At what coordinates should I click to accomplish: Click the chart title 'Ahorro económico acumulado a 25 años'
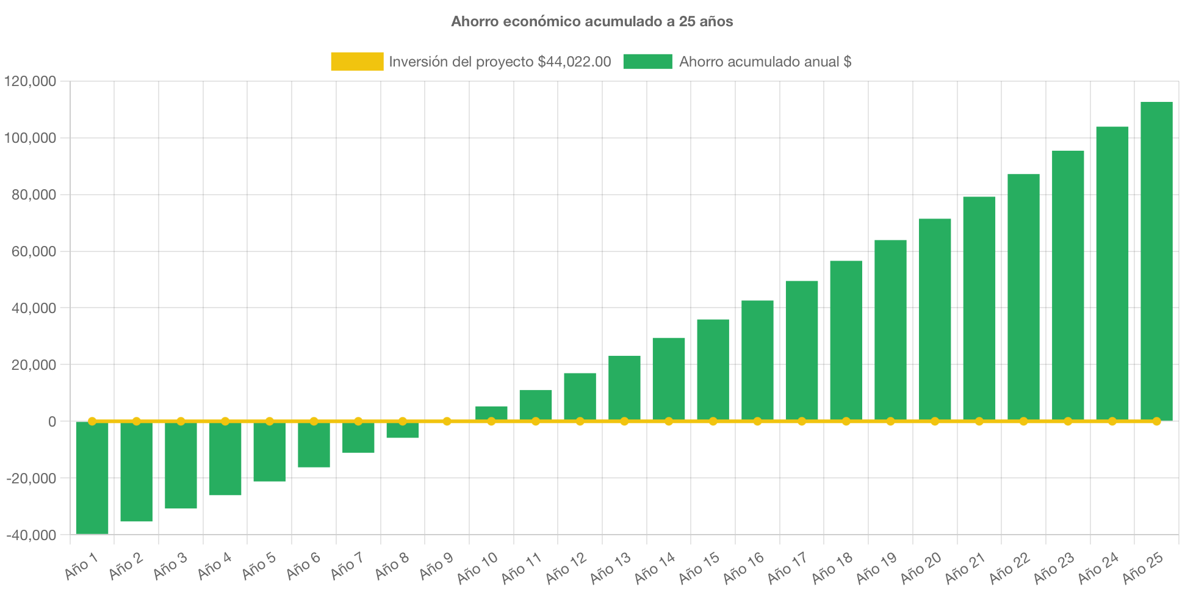pyautogui.click(x=592, y=21)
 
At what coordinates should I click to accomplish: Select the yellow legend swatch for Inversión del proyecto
pyautogui.click(x=357, y=62)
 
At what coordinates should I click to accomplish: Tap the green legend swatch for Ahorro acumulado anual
pyautogui.click(x=647, y=62)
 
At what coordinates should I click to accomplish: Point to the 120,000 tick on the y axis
pyautogui.click(x=31, y=81)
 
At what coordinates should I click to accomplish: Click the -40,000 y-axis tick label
pyautogui.click(x=32, y=535)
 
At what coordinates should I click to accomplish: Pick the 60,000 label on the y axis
pyautogui.click(x=34, y=251)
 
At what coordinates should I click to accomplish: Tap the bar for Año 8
pyautogui.click(x=403, y=430)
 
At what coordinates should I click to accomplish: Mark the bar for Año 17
pyautogui.click(x=802, y=351)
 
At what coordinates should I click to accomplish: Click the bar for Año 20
pyautogui.click(x=935, y=320)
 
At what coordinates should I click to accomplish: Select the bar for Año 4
pyautogui.click(x=225, y=459)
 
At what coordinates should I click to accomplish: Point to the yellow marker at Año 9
pyautogui.click(x=447, y=421)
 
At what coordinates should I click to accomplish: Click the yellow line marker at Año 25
pyautogui.click(x=1156, y=421)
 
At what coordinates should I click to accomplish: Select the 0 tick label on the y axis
pyautogui.click(x=52, y=422)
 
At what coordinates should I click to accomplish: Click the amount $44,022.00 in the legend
pyautogui.click(x=574, y=62)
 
